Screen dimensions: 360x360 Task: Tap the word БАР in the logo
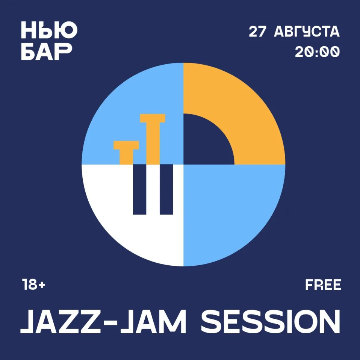pyautogui.click(x=46, y=51)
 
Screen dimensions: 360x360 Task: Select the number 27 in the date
pyautogui.click(x=257, y=32)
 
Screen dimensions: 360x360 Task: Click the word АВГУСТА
pyautogui.click(x=307, y=32)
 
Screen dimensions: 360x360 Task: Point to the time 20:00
pyautogui.click(x=317, y=52)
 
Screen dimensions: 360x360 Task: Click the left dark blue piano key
pyautogui.click(x=139, y=189)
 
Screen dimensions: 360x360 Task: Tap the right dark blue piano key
pyautogui.click(x=166, y=189)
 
